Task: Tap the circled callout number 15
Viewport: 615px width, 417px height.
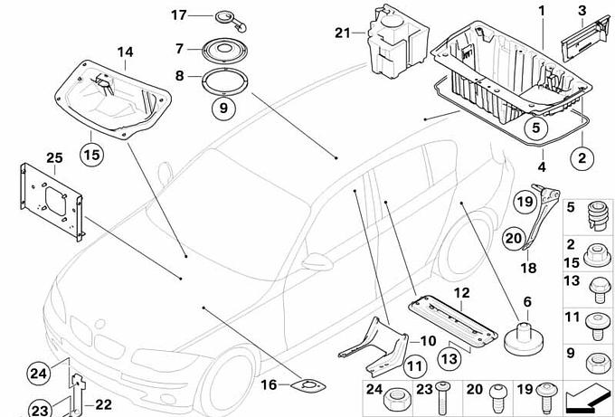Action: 91,154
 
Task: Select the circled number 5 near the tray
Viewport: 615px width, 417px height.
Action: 535,128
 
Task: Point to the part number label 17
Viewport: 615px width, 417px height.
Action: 178,14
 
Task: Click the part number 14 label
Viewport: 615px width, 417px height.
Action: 124,53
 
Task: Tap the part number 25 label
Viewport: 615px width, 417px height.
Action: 53,158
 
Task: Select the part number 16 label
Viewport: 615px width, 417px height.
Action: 269,385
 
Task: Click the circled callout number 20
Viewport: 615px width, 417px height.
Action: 513,238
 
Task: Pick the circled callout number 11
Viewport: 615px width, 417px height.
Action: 413,366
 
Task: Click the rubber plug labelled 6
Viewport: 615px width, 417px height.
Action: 523,336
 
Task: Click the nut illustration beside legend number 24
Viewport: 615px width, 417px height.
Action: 394,399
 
